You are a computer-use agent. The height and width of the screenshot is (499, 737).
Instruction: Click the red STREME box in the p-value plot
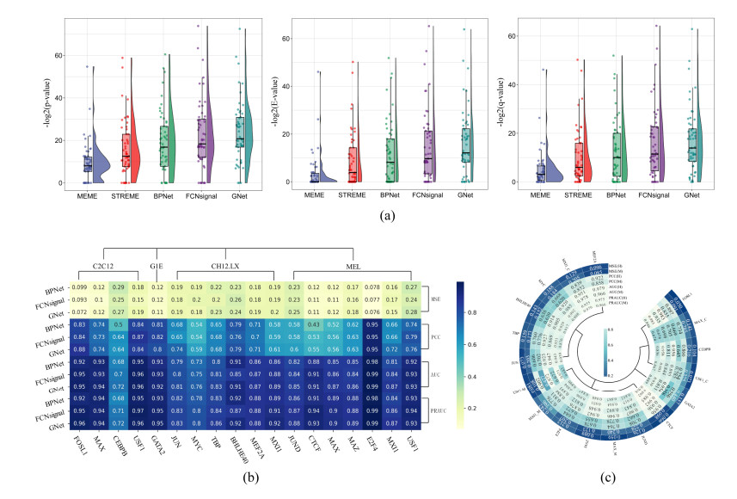coord(126,150)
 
